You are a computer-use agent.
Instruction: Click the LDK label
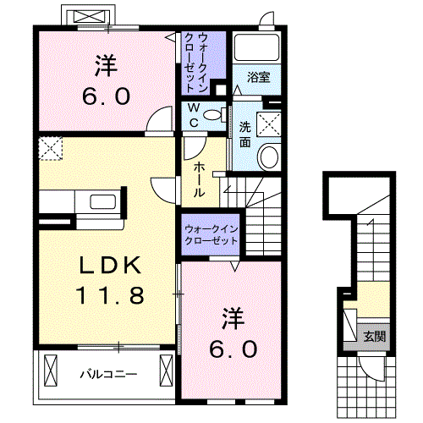(x=110, y=266)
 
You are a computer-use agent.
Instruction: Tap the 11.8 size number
(x=110, y=295)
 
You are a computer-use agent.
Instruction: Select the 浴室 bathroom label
(x=259, y=77)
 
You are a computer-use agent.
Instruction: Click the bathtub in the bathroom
(x=256, y=47)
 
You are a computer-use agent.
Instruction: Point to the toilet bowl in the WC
(x=212, y=114)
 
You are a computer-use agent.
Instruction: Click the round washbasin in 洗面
(x=270, y=157)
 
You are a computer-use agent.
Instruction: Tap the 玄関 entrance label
(x=374, y=336)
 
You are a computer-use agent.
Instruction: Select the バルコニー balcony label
(x=108, y=374)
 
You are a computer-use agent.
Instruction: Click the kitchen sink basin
(x=102, y=202)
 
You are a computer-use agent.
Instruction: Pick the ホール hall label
(x=199, y=179)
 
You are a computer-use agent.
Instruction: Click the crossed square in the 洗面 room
(x=269, y=124)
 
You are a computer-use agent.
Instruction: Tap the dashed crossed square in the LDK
(x=50, y=148)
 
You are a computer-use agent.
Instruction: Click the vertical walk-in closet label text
(x=195, y=63)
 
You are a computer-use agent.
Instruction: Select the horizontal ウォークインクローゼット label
(x=211, y=235)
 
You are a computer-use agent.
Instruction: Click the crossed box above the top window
(x=88, y=17)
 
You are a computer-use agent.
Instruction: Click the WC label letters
(x=194, y=115)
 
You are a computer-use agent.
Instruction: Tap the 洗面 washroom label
(x=245, y=135)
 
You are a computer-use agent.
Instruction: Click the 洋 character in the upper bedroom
(x=106, y=66)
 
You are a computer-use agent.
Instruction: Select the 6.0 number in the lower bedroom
(x=233, y=349)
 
